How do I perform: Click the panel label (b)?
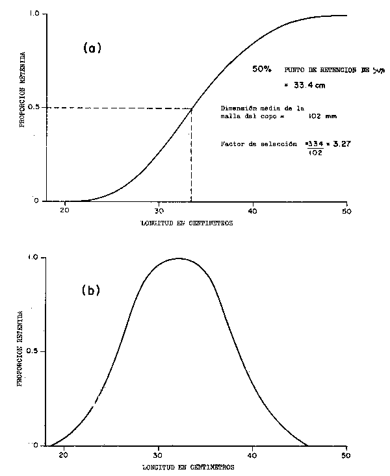[x=90, y=290]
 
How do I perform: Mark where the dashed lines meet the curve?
[x=191, y=108]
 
